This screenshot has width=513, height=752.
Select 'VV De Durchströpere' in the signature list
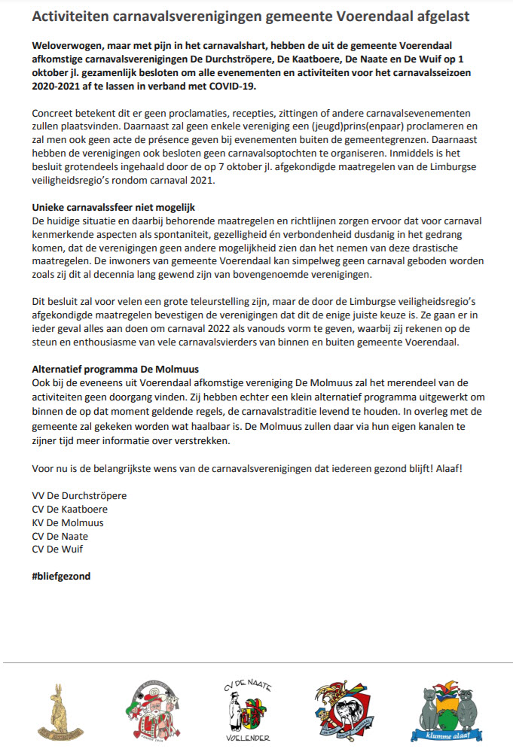(79, 495)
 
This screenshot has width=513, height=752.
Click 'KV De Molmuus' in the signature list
(68, 522)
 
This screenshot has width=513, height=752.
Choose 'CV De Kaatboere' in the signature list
(70, 509)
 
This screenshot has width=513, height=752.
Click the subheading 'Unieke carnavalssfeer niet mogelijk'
(118, 207)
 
